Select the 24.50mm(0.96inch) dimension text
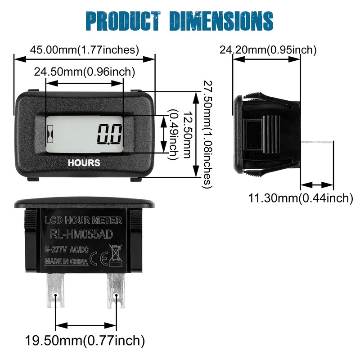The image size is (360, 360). (x=85, y=72)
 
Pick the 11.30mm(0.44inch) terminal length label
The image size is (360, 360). (x=301, y=198)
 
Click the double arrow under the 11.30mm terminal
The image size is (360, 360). (x=317, y=184)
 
